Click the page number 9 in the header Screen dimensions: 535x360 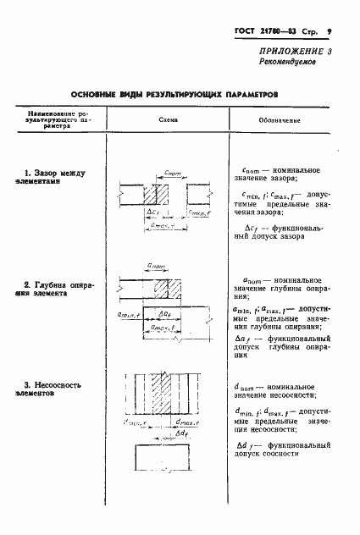pos(328,32)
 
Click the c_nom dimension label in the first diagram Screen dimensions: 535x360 pos(173,173)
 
